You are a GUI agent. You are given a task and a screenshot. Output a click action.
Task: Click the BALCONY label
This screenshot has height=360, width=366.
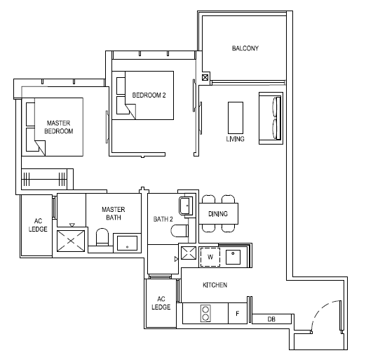[x=245, y=48]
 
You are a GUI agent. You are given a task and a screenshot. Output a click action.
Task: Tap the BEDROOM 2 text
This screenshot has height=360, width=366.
[x=149, y=95]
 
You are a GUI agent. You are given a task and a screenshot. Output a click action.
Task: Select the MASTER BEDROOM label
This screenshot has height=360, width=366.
[x=59, y=127]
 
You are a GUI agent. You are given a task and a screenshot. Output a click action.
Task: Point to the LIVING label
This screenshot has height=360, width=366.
[x=235, y=139]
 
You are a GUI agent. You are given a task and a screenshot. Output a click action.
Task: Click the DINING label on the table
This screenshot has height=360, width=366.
[x=218, y=214]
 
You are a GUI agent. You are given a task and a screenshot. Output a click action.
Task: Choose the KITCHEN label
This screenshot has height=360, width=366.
[x=215, y=285]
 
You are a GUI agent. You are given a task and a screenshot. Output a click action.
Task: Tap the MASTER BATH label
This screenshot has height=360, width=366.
[x=114, y=213]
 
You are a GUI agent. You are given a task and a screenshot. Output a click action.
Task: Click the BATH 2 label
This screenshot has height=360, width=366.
[x=163, y=219]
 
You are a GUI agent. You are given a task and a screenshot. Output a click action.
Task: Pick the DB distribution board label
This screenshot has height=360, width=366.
[x=271, y=319]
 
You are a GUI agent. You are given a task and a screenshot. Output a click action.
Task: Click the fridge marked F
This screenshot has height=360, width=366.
[x=238, y=314]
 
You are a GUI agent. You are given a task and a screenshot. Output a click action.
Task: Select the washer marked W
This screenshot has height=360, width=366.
[x=210, y=257]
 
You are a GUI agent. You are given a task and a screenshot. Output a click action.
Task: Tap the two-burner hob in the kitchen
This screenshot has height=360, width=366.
[x=205, y=314]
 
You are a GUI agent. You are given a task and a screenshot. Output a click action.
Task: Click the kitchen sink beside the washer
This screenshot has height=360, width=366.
[x=233, y=257]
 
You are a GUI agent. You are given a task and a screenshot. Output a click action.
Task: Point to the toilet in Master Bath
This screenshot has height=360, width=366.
[x=102, y=237]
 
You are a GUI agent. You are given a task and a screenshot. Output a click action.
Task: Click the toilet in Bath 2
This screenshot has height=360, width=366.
[x=179, y=231]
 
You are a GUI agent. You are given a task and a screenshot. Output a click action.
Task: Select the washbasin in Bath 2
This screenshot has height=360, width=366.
[x=186, y=206]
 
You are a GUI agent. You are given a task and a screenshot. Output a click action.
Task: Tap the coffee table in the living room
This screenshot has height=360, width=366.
[x=236, y=118]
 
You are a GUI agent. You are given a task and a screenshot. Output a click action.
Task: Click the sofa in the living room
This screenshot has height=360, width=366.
[x=271, y=118]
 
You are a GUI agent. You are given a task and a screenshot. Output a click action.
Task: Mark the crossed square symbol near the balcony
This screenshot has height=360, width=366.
[x=205, y=77]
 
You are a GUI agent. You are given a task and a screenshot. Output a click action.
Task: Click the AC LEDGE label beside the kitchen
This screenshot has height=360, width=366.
[x=161, y=303]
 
